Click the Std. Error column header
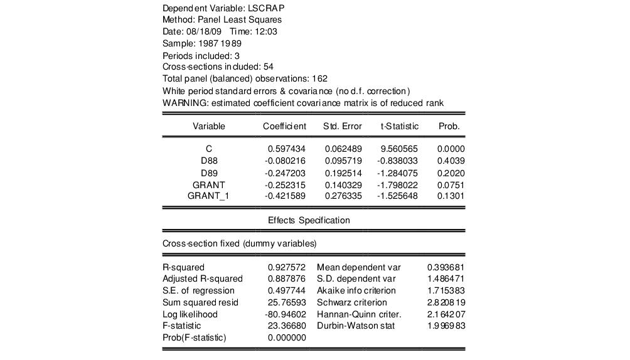tap(343, 126)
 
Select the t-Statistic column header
tap(400, 126)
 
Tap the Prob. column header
tap(449, 126)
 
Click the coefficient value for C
tap(287, 149)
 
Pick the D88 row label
tap(209, 161)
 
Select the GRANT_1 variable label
tap(209, 196)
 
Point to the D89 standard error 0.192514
tap(343, 172)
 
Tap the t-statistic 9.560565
tap(398, 149)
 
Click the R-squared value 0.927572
tap(287, 267)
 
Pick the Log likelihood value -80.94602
tap(286, 314)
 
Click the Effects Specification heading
tap(309, 220)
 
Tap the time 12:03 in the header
tap(267, 32)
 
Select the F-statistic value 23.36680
tap(287, 326)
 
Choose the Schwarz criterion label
tap(352, 302)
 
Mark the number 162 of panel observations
tap(320, 79)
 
